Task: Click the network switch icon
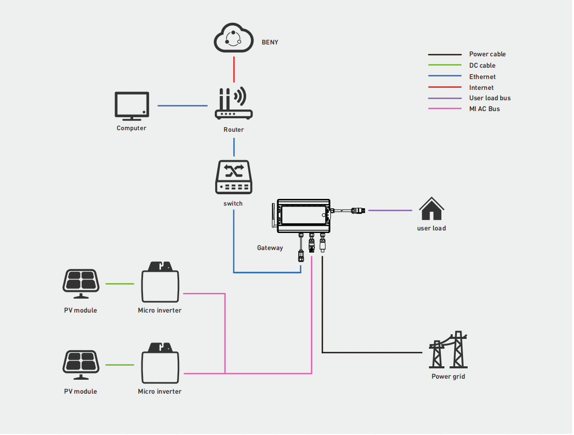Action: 233,177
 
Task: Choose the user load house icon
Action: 431,209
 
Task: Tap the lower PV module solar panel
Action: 81,365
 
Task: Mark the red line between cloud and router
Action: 234,69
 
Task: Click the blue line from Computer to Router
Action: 182,106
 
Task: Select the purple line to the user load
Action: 390,210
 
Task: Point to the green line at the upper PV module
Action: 120,284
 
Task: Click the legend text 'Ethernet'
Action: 482,77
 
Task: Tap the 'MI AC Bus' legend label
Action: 484,109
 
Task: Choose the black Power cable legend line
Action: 444,54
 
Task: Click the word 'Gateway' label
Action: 270,248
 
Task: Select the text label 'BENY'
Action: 270,42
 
